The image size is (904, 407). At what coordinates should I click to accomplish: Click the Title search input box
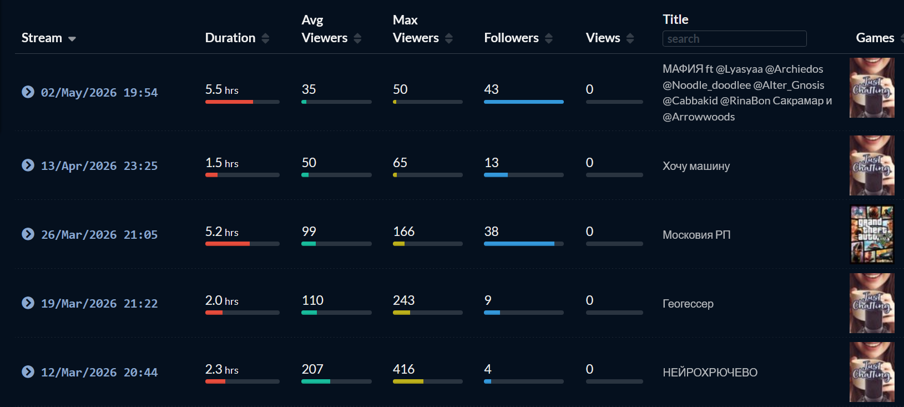[735, 39]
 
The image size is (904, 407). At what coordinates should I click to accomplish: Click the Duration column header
[230, 38]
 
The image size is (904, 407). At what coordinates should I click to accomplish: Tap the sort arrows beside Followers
[548, 38]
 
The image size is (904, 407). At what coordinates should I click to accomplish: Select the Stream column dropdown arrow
[72, 39]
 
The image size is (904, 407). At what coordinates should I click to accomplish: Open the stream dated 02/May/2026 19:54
[99, 93]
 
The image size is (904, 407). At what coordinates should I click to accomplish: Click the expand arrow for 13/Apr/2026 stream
[28, 165]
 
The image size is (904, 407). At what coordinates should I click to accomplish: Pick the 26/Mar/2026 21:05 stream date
[99, 234]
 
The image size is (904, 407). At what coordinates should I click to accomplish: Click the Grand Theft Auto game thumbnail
[872, 234]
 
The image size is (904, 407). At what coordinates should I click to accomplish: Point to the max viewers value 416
[403, 369]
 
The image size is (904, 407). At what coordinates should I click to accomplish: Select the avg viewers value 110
[312, 300]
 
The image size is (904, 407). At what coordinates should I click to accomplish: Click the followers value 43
[491, 89]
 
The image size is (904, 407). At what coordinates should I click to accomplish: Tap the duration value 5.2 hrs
[221, 232]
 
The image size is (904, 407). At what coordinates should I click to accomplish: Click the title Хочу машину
[696, 166]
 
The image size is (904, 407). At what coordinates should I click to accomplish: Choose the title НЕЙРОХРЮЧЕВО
[710, 372]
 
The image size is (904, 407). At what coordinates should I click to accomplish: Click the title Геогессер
[688, 304]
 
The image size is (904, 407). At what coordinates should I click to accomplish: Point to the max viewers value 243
[403, 300]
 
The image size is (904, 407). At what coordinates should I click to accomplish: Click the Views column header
[603, 38]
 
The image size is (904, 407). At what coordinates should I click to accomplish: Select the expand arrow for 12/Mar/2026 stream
[28, 371]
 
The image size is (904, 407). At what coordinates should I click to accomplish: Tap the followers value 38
[491, 232]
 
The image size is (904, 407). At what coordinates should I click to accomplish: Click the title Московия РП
[696, 234]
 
